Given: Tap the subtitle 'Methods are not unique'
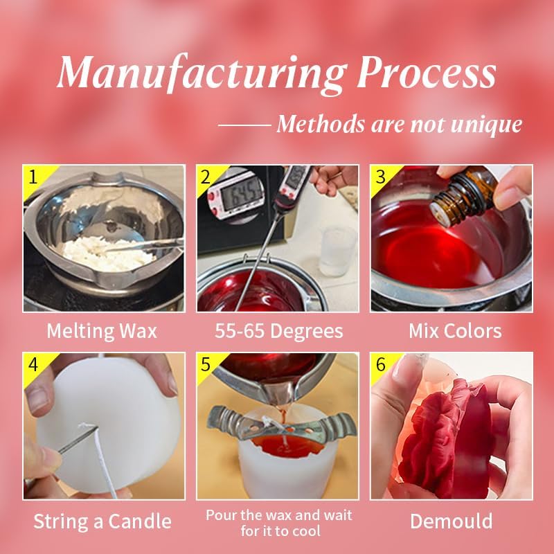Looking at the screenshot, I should pyautogui.click(x=399, y=125).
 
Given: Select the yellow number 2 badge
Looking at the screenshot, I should pyautogui.click(x=206, y=175).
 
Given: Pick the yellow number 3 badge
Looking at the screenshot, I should pyautogui.click(x=379, y=175).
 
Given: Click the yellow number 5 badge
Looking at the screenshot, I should pyautogui.click(x=206, y=363).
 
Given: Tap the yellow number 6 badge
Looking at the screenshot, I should pyautogui.click(x=379, y=363).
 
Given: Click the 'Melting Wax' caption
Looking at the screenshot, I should pyautogui.click(x=102, y=331).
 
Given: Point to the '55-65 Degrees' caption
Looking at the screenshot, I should pyautogui.click(x=278, y=331).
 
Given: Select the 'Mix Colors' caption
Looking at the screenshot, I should pyautogui.click(x=455, y=331).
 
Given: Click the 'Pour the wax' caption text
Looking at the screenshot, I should pyautogui.click(x=278, y=515).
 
